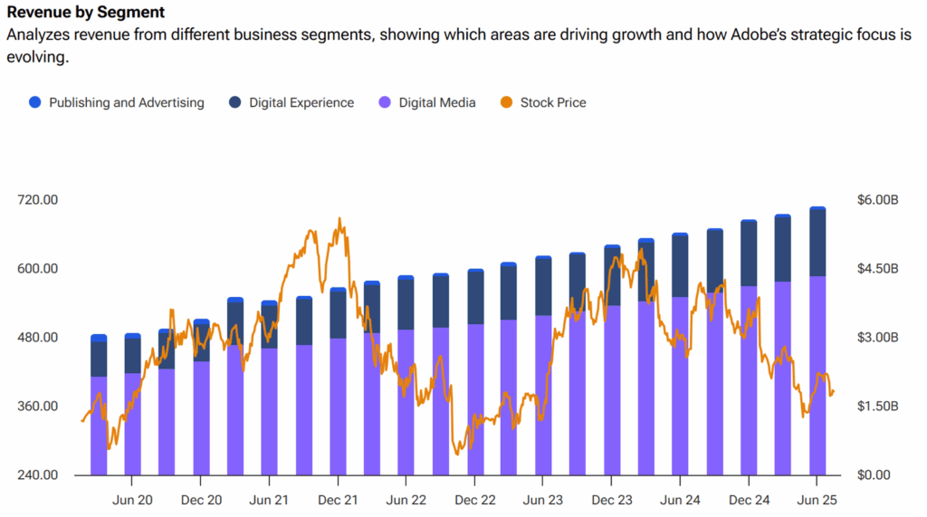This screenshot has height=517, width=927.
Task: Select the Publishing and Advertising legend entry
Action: coord(126,102)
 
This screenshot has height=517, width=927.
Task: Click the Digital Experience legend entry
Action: coord(301,102)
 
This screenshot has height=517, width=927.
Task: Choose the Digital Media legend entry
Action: coord(436,102)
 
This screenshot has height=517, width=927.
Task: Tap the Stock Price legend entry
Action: coord(552,102)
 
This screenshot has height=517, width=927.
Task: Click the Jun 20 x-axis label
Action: coord(131,500)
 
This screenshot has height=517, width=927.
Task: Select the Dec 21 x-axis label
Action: coord(338,500)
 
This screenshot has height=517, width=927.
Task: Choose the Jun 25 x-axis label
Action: coord(817,500)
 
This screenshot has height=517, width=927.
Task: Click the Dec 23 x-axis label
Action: coord(612,500)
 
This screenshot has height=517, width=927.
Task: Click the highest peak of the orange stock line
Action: coord(339,218)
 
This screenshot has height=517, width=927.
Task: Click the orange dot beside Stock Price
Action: coord(506,102)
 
